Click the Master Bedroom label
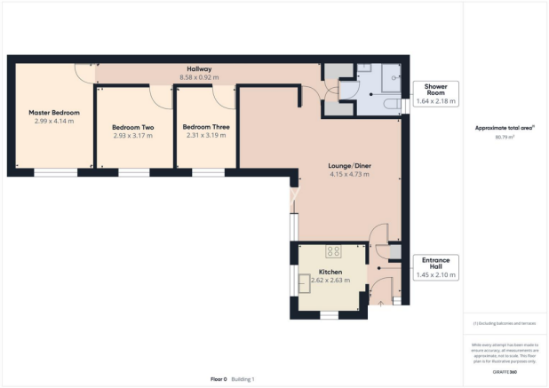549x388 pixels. coord(54,113)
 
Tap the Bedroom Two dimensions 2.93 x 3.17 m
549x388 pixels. coord(132,137)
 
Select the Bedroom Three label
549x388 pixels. coord(205,127)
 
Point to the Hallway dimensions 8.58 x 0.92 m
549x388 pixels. coord(198,78)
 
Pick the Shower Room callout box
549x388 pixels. coord(435,93)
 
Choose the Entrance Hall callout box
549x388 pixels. coord(435,267)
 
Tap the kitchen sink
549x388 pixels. coord(307,284)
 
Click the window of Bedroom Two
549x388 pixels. coord(134,172)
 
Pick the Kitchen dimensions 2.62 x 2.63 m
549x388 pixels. coord(330,281)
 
